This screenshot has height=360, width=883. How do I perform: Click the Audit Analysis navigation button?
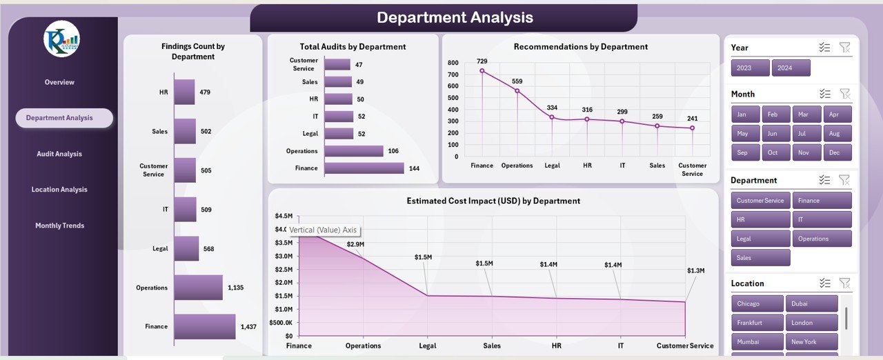pos(59,154)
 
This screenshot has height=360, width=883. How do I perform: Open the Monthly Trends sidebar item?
pos(59,226)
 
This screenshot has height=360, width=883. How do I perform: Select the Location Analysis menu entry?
pos(59,190)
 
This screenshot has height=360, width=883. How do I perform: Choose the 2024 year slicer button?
pos(791,68)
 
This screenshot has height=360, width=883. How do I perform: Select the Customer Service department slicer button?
pos(760,201)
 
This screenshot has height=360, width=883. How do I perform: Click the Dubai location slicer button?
pos(811,303)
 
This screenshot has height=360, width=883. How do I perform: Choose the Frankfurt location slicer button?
pos(757,323)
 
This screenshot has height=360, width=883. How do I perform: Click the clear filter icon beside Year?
pos(844,48)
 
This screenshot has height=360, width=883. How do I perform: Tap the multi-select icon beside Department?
pos(824,180)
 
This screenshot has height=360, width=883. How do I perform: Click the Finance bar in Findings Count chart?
pos(204,327)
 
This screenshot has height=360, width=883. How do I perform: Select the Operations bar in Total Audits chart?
pos(353,151)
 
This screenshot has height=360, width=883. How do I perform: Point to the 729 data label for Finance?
pos(482,61)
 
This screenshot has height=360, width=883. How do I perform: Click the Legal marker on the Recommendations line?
pos(552,117)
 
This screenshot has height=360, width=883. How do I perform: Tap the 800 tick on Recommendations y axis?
pos(453,62)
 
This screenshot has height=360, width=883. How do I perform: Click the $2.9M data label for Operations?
pos(355,244)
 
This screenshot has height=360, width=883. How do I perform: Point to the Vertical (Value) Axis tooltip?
pos(323,230)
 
